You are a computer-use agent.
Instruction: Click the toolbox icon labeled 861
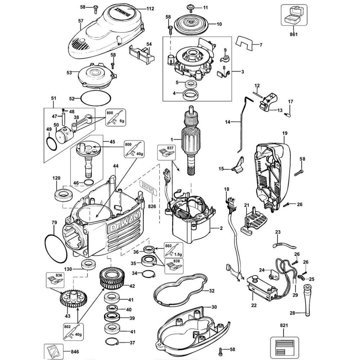[x=293, y=16]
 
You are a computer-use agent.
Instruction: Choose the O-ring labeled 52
[x=95, y=98]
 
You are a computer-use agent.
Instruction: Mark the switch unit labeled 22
[x=262, y=287]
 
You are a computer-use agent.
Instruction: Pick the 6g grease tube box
[x=116, y=118]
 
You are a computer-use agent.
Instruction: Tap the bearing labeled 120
[x=63, y=195]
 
